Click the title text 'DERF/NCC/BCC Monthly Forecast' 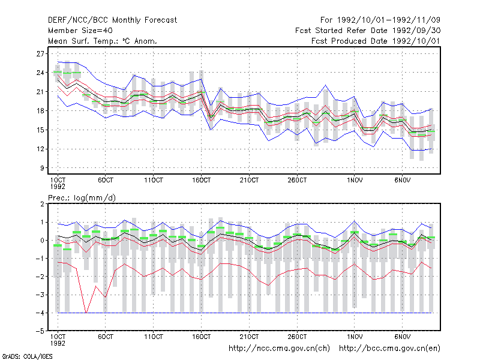[112, 20]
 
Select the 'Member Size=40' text [80, 31]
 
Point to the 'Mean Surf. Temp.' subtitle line [103, 41]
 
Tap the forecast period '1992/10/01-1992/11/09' [388, 20]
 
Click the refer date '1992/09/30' [416, 31]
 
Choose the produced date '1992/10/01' [416, 41]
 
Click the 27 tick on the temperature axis [40, 54]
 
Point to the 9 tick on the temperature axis [42, 168]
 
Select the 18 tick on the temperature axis [40, 111]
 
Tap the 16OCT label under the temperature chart [202, 180]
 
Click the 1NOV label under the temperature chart [355, 180]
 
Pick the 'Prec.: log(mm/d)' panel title [82, 198]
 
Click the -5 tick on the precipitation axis [40, 331]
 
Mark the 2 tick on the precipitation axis [42, 204]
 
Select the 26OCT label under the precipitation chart [297, 337]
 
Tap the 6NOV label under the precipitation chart [402, 337]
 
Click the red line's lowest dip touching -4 [86, 313]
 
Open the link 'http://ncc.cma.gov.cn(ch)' [279, 349]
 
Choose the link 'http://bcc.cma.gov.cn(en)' [389, 349]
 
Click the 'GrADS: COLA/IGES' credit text [27, 356]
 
